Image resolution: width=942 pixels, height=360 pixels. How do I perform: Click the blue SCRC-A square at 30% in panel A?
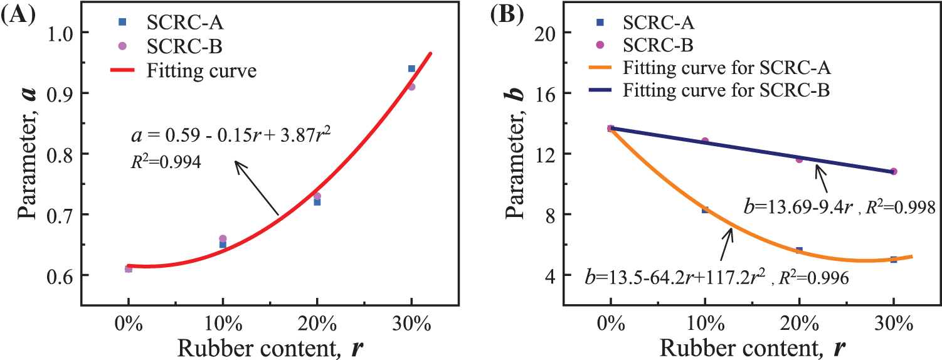411,68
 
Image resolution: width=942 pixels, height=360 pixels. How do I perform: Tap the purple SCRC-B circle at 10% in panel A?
223,238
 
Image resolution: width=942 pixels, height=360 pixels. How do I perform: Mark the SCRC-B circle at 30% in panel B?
894,171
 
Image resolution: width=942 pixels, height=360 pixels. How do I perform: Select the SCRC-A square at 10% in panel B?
705,210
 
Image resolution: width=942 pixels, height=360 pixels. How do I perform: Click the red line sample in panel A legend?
122,70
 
